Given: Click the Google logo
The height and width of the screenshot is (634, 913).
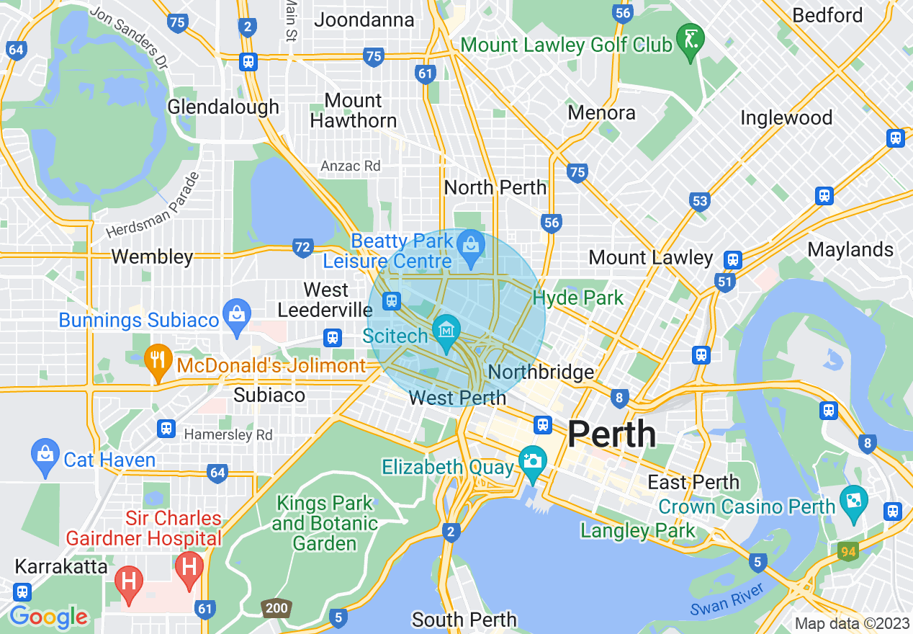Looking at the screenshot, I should pyautogui.click(x=48, y=617).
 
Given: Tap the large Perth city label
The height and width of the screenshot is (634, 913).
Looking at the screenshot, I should pyautogui.click(x=611, y=434).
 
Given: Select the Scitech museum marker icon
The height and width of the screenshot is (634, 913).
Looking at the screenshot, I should pyautogui.click(x=446, y=332).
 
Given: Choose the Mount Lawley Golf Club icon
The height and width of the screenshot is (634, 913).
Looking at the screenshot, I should pyautogui.click(x=690, y=41).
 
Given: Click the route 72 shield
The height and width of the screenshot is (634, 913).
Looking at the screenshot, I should pyautogui.click(x=303, y=248).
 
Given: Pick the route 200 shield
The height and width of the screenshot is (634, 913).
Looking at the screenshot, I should pyautogui.click(x=276, y=608).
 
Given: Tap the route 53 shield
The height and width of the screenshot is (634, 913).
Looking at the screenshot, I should pyautogui.click(x=699, y=201).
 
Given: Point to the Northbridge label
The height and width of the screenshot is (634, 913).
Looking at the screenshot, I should pyautogui.click(x=541, y=372).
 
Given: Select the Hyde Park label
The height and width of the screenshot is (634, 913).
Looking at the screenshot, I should pyautogui.click(x=578, y=298).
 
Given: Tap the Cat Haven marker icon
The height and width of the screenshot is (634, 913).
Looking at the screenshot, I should pyautogui.click(x=45, y=455).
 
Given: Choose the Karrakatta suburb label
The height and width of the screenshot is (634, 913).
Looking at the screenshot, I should pyautogui.click(x=61, y=566).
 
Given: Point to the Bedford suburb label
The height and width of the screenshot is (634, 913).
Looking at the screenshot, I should pyautogui.click(x=827, y=15).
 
